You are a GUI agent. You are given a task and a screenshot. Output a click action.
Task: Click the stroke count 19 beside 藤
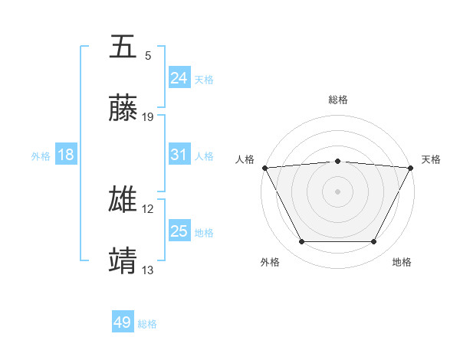pyautogui.click(x=148, y=117)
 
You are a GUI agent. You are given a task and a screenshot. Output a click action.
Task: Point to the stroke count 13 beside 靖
pyautogui.click(x=148, y=270)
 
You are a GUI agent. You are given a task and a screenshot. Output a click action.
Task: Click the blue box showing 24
pyautogui.click(x=179, y=78)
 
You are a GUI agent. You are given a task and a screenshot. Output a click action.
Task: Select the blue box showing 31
pyautogui.click(x=179, y=155)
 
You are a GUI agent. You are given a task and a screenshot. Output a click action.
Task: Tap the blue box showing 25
pyautogui.click(x=179, y=231)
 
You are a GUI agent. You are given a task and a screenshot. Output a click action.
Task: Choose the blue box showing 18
pyautogui.click(x=66, y=155)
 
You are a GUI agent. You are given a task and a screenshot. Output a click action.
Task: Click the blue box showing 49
pyautogui.click(x=122, y=322)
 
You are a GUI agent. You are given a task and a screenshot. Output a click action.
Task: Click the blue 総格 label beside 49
pyautogui.click(x=147, y=324)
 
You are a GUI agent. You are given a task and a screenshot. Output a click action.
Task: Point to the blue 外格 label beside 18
pyautogui.click(x=41, y=156)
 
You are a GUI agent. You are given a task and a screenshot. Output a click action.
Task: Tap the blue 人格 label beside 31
pyautogui.click(x=204, y=156)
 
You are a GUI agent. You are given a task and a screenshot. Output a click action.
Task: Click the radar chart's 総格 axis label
pyautogui.click(x=337, y=100)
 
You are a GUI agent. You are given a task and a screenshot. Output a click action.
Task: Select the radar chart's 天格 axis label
pyautogui.click(x=431, y=159)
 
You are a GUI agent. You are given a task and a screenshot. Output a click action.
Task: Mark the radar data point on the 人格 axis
pyautogui.click(x=264, y=167)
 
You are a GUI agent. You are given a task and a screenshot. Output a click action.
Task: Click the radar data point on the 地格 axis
pyautogui.click(x=374, y=242)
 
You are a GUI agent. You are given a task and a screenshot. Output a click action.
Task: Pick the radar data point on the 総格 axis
pyautogui.click(x=337, y=161)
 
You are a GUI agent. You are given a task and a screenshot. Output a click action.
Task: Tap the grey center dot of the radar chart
pyautogui.click(x=337, y=191)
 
